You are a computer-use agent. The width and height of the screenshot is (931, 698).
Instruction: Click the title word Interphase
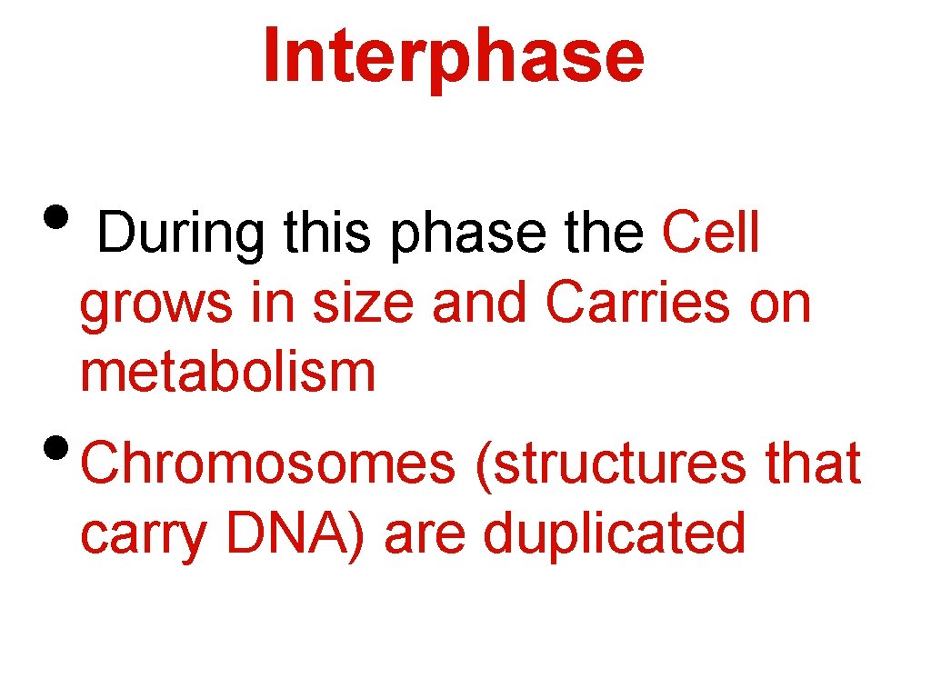[454, 55]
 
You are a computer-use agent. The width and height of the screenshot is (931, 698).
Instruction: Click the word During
[181, 234]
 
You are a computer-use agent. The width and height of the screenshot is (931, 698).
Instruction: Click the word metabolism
[227, 373]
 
